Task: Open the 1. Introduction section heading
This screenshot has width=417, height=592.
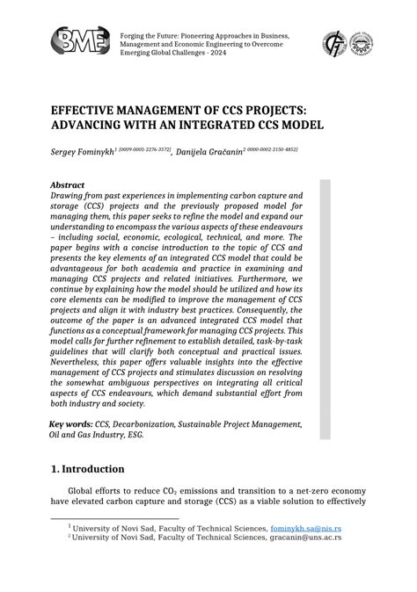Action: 87,468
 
